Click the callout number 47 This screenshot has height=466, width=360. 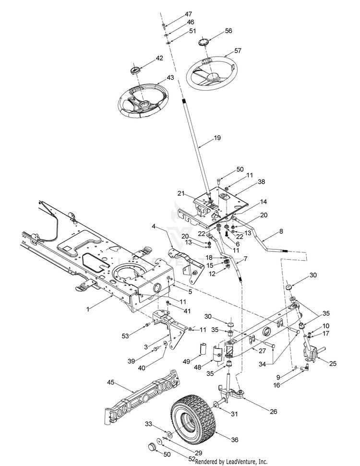pos(189,14)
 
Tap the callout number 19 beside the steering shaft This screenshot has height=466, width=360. pos(217,138)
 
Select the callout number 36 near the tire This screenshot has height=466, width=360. pos(235,440)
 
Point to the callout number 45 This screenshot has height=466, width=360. pos(110,382)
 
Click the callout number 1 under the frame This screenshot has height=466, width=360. pos(88,310)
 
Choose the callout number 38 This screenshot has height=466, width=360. pos(261,181)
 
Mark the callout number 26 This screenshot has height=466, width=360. pos(273,411)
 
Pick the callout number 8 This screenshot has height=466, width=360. pos(281,231)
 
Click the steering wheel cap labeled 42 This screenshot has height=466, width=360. pos(136,71)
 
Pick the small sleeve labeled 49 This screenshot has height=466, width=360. pos(203,348)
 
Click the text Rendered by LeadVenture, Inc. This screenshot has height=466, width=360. pos(231,462)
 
